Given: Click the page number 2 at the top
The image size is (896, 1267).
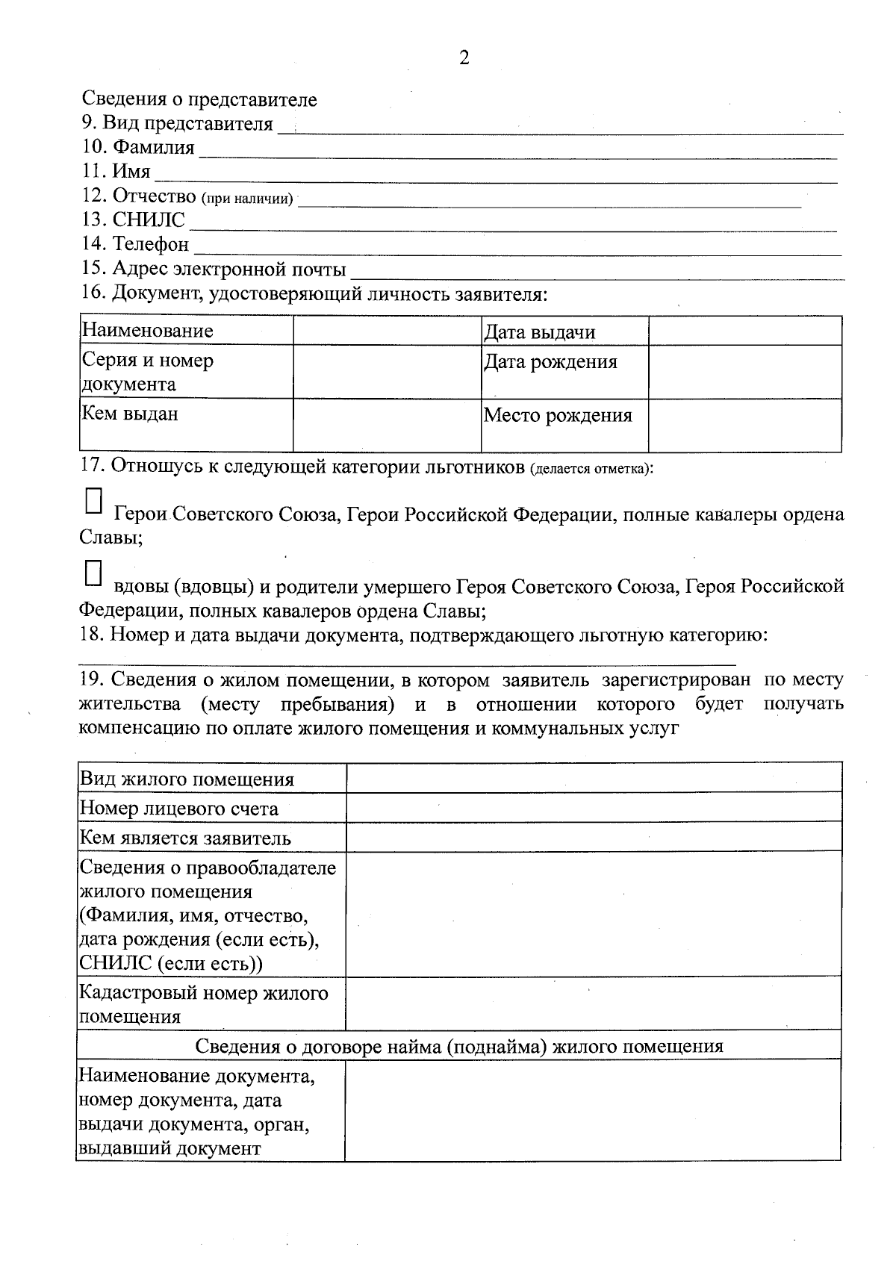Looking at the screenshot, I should coord(464,58).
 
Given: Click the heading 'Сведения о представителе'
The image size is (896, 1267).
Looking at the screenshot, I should coord(199,99).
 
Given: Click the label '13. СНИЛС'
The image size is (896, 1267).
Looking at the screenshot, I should coord(134,220).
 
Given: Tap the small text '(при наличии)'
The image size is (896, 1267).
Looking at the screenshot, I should coord(246,199).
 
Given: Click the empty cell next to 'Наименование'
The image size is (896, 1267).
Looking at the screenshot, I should coord(387,331).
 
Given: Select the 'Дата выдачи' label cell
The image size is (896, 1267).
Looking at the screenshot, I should coord(564,331).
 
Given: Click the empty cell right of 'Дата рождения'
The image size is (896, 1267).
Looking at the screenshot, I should coord(744,371).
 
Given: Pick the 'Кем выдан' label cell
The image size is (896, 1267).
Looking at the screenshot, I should coord(186,425).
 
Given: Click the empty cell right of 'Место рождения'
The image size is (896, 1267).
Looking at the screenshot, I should coord(744,425).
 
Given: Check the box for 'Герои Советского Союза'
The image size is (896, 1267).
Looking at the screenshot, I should coord(93,501).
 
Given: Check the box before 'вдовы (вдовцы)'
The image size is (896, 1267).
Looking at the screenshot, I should coord(93,573).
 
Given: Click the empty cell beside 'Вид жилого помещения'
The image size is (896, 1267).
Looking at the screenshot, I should coord(594,777).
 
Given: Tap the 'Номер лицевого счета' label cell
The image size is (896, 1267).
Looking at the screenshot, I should coord(211,808).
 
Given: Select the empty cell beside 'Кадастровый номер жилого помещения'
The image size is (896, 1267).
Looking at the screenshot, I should coord(594,1003).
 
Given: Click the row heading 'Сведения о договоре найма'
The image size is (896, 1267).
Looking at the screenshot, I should coord(458,1045).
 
